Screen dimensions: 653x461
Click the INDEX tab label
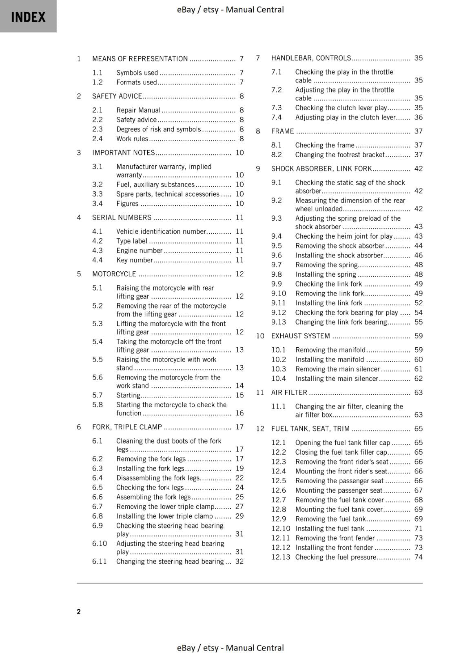point(28,17)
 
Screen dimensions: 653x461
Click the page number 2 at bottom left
point(79,611)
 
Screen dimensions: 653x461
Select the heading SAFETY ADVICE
point(117,96)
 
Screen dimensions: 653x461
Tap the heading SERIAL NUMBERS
point(122,218)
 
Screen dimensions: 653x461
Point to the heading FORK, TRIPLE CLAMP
point(127,427)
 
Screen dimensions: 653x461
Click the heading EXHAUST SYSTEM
point(300,336)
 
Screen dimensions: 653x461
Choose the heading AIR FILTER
point(289,392)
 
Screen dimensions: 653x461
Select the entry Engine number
point(139,251)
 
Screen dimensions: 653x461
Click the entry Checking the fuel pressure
point(335,557)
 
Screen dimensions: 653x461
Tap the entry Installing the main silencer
point(337,378)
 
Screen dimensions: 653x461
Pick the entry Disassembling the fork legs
point(158,478)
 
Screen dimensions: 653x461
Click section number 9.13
point(279,322)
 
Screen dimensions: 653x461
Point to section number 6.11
point(100,561)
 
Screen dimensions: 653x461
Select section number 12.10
point(281,529)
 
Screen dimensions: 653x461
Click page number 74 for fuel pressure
point(418,557)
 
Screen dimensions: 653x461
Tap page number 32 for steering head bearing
point(239,561)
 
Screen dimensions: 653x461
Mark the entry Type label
point(131,241)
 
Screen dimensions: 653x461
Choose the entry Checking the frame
point(325,145)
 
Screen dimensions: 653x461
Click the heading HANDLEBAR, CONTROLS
point(311,58)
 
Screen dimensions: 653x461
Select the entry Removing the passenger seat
point(339,481)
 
